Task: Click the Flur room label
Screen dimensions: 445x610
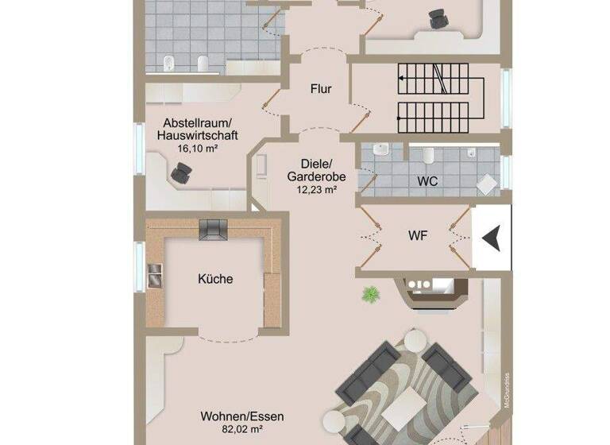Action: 320,89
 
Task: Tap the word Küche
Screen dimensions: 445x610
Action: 214,279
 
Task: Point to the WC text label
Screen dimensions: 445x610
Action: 427,181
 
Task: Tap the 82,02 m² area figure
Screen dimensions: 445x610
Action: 242,429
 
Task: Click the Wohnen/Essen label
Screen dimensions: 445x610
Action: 242,416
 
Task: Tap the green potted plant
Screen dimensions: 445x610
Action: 369,295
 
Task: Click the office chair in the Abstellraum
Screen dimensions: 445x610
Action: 183,171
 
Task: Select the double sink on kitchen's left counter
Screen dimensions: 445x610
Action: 155,274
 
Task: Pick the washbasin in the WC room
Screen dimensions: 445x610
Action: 381,150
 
